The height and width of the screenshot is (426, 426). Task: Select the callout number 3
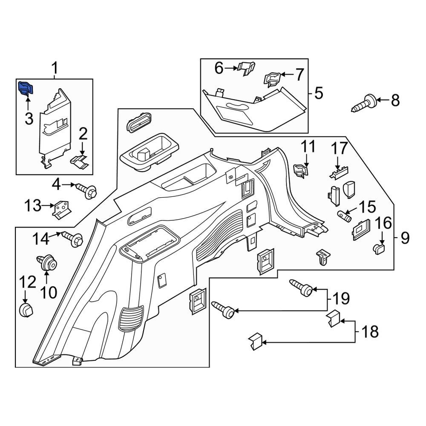(x=29, y=118)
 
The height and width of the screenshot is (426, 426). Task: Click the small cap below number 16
(x=379, y=248)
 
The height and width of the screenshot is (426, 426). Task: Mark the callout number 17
(x=340, y=149)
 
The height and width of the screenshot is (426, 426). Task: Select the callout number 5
(x=319, y=93)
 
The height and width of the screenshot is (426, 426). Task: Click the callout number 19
(x=340, y=297)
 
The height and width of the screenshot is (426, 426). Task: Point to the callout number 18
(x=369, y=331)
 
